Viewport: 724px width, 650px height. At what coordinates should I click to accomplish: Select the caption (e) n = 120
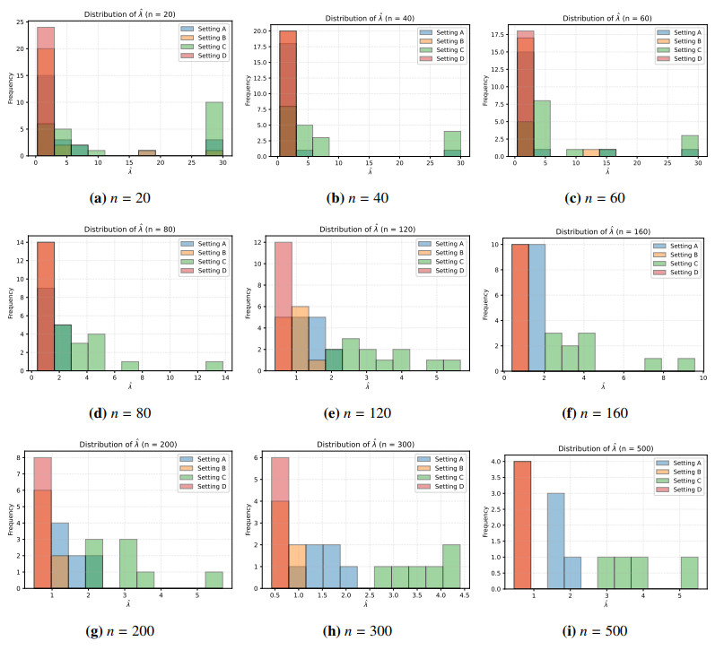coord(364,413)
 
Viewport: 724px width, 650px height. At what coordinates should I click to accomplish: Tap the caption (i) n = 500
coord(604,630)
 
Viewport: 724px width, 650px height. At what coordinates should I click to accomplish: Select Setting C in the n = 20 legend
coord(199,48)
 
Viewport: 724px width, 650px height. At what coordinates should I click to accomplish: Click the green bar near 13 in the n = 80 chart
coord(213,366)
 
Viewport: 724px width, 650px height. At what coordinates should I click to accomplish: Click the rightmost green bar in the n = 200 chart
coord(214,579)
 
